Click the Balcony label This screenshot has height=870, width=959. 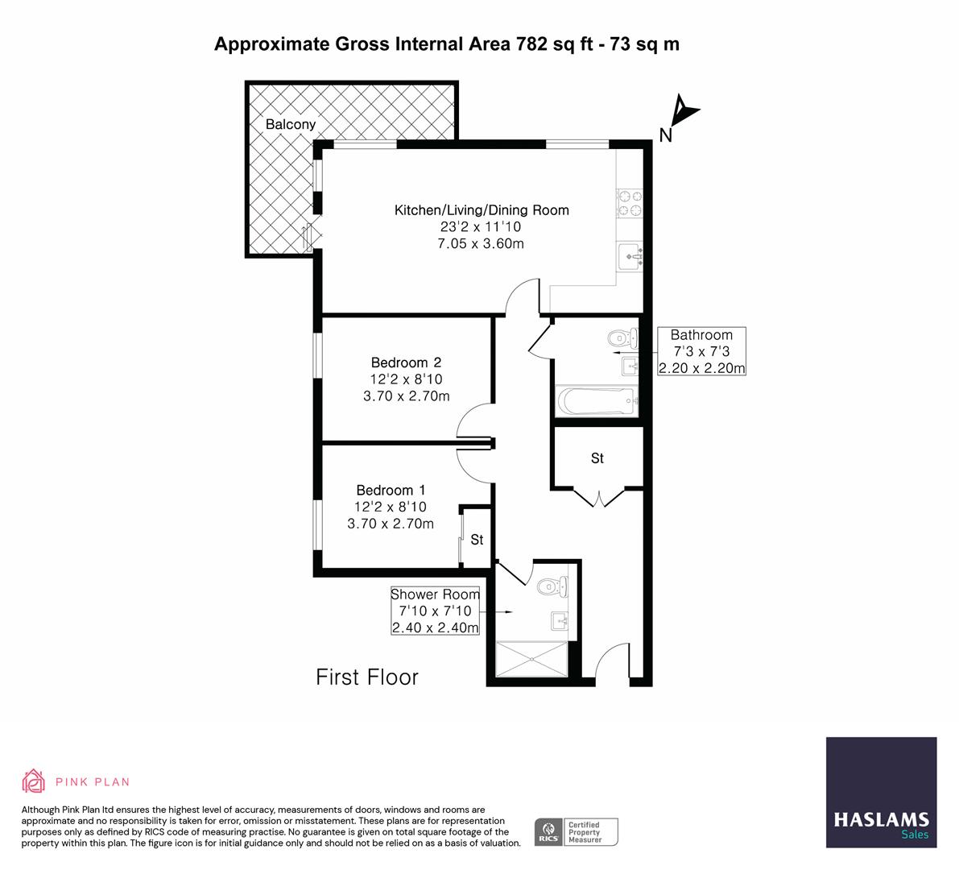point(291,125)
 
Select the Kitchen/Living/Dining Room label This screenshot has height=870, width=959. point(481,210)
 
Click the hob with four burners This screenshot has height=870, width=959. point(629,203)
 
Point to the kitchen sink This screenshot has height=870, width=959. point(630,256)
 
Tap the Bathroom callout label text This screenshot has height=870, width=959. point(701,335)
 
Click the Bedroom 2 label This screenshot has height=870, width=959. point(406,362)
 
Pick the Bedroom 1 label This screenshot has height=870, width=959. point(391,490)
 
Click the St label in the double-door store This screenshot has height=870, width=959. point(597,458)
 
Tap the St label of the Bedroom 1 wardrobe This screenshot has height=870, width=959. point(477,540)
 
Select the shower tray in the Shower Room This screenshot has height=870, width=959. point(532,661)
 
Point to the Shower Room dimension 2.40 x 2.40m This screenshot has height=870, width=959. point(435,628)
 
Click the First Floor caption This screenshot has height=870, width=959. point(367,677)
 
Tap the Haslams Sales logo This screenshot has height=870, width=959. point(881,793)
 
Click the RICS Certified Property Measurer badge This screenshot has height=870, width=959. point(577,831)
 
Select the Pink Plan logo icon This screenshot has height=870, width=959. point(34,781)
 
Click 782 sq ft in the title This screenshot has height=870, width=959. point(549,44)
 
